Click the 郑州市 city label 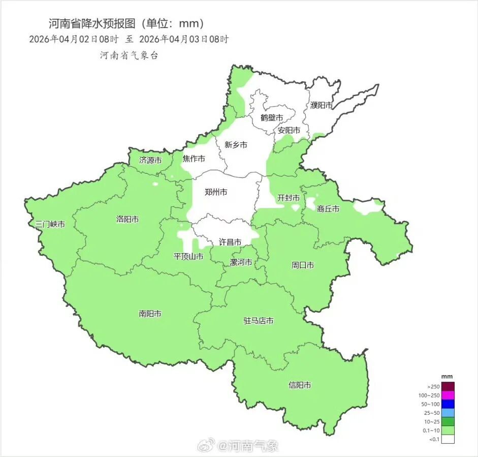(x=215, y=192)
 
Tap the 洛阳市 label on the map (x=128, y=220)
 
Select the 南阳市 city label (x=150, y=314)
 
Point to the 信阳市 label (x=300, y=385)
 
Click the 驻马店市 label (x=259, y=321)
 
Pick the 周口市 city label (x=302, y=265)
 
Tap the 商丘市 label (x=328, y=208)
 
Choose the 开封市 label (x=288, y=198)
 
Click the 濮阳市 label (x=322, y=105)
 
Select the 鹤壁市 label (x=271, y=117)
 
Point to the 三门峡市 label (x=50, y=224)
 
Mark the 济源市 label (x=150, y=160)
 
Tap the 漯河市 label (x=241, y=262)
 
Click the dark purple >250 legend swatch (x=448, y=386)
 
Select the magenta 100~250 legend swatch (x=448, y=395)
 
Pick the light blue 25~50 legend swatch (x=448, y=413)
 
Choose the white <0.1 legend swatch (x=448, y=439)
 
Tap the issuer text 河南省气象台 (x=129, y=55)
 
